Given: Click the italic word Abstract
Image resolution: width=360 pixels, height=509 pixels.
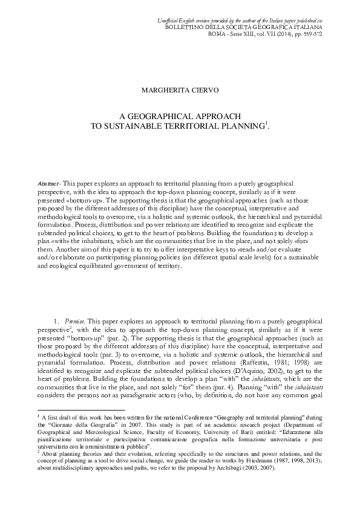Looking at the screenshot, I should [x=43, y=183].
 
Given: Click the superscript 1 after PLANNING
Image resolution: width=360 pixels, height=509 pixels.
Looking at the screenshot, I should [x=267, y=123].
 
